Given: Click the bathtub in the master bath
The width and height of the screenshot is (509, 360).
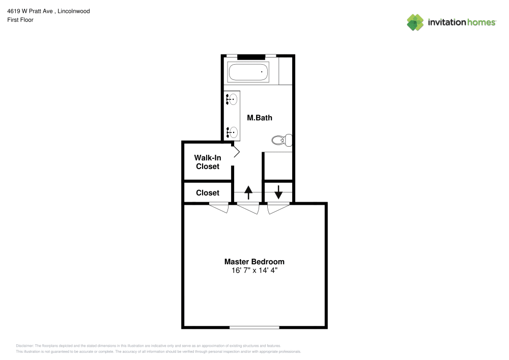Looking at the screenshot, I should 248,72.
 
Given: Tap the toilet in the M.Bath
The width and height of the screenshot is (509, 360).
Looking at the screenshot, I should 282,140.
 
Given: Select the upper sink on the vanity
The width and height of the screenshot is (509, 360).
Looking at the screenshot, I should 233,99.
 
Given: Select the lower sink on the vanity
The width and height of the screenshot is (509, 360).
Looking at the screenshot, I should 233,133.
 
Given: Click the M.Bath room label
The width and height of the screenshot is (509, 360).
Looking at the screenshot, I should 260,118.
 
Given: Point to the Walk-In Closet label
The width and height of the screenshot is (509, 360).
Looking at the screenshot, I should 208,162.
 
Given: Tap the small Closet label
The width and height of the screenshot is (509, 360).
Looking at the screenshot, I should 208,193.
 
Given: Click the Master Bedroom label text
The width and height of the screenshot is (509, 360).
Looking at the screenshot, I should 254,262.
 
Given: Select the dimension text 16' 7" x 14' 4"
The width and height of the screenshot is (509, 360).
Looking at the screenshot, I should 254,271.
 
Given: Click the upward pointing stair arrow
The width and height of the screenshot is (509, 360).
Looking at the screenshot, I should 248,192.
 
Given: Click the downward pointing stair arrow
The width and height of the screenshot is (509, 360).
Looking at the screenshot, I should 278,192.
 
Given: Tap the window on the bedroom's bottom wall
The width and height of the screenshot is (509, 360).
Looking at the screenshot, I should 254,327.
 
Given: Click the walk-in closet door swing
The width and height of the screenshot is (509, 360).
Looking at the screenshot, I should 236,152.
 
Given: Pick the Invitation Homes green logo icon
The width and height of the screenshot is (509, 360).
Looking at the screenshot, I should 415,22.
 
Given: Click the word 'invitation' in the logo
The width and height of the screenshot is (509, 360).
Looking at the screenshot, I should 445,22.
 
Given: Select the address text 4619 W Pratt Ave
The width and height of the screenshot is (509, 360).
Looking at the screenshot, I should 30,11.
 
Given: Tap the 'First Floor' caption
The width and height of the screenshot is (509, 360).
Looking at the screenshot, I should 20,20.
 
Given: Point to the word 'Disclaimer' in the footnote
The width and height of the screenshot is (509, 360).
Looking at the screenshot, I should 25,345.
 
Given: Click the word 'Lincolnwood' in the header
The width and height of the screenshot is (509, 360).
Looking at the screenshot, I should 74,11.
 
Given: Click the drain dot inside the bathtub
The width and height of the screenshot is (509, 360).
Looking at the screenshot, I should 262,72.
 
